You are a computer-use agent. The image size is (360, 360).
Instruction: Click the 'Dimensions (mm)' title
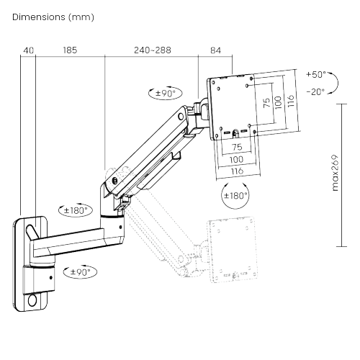53,16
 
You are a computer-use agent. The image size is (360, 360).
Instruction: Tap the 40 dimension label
28,50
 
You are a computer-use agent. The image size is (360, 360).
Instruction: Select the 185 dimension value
70,50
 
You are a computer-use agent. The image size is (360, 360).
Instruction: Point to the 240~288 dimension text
153,50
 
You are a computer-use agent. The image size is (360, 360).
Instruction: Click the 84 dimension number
215,50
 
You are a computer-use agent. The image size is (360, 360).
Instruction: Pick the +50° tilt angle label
315,74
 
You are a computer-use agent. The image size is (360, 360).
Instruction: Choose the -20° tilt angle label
315,91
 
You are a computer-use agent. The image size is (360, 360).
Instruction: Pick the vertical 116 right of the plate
290,101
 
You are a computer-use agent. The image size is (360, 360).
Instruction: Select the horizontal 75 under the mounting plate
236,146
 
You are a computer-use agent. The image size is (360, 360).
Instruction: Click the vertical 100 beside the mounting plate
279,102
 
